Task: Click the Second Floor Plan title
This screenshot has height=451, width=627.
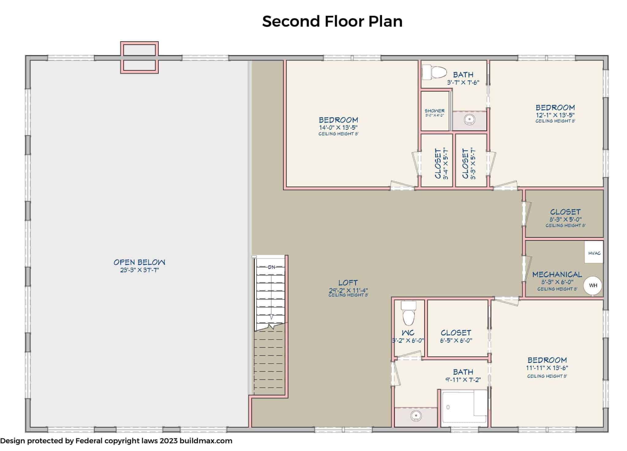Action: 332,21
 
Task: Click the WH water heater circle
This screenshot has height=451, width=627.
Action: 593,286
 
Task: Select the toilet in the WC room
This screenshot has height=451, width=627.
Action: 408,313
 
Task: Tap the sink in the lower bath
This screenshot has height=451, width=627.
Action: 416,416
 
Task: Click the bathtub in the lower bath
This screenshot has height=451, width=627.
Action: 464,408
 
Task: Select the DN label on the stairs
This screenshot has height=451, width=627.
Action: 271,267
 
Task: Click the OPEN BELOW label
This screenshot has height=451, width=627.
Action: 139,262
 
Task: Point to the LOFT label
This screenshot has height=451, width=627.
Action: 348,283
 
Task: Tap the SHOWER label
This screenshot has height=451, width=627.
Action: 434,111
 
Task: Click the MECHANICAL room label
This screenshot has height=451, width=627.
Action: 557,275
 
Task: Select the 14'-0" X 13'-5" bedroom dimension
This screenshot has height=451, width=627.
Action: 338,127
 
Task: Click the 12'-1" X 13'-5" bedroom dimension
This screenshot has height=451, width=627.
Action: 555,115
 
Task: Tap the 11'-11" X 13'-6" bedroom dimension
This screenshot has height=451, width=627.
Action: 547,368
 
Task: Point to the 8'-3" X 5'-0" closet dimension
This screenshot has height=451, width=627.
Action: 565,219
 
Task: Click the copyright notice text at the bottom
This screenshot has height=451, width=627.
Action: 116,441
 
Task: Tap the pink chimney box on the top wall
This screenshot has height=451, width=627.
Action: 139,58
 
